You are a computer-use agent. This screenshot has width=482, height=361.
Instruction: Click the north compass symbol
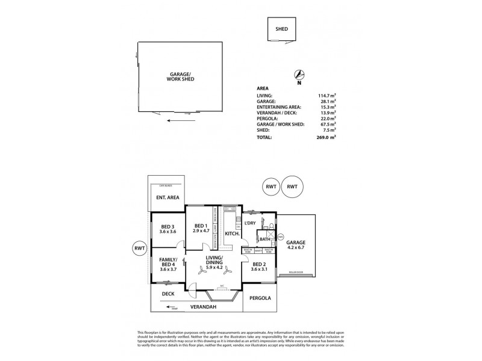(299, 75)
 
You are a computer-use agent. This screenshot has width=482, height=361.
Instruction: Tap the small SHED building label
(281, 29)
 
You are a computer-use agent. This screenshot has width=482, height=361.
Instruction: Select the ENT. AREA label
(166, 198)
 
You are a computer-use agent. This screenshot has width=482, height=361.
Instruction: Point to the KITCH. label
(233, 233)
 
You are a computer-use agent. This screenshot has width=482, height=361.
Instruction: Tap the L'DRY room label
(251, 223)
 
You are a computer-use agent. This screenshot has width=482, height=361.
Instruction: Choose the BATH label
(264, 239)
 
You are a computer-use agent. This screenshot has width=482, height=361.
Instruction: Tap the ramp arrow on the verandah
(171, 308)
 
